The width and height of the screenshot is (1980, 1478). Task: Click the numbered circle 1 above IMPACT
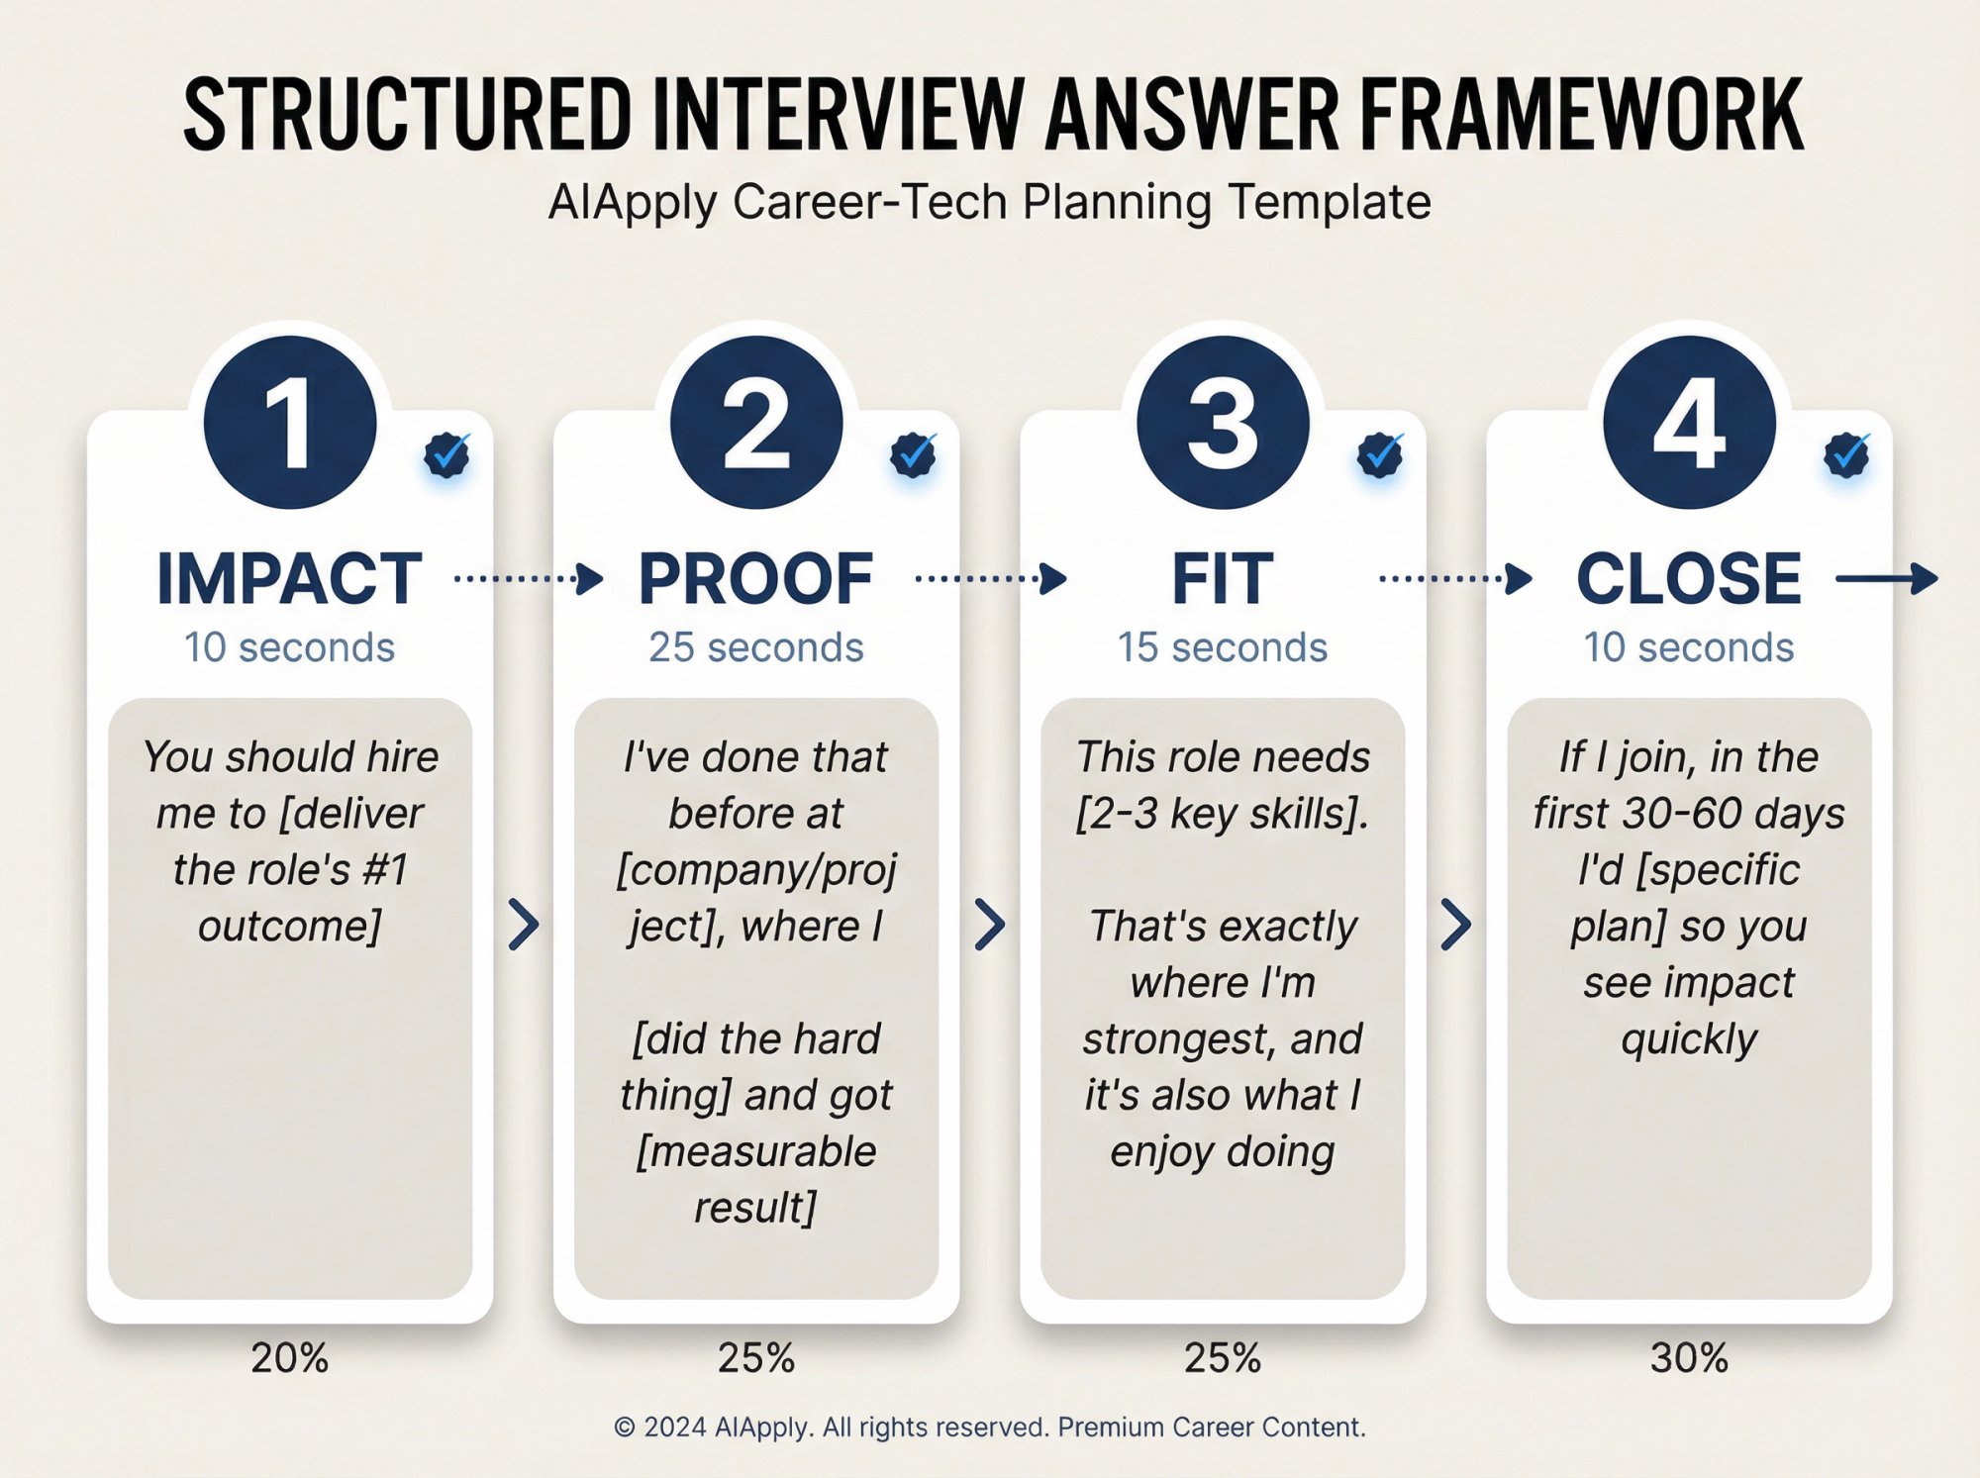290,423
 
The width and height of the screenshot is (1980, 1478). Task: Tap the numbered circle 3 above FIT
1223,423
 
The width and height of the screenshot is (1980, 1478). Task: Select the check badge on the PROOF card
913,454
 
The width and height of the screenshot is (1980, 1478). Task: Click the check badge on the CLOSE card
1846,454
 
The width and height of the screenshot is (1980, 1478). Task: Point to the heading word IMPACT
289,579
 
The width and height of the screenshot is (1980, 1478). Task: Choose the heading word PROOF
755,579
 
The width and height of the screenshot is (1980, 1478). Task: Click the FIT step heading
1223,579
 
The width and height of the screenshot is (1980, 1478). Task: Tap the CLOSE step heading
1689,579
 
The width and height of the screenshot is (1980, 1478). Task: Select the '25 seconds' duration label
755,647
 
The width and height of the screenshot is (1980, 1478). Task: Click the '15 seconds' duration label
1223,647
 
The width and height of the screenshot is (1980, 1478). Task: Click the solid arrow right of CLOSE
1887,578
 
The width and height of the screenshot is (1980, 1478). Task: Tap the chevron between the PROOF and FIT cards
990,925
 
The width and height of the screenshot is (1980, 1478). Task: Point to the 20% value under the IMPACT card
289,1357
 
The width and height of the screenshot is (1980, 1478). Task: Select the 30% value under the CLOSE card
1689,1357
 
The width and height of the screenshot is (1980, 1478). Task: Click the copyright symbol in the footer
624,1428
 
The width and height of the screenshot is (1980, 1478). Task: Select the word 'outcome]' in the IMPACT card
289,927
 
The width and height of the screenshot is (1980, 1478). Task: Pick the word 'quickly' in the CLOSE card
1689,1039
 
